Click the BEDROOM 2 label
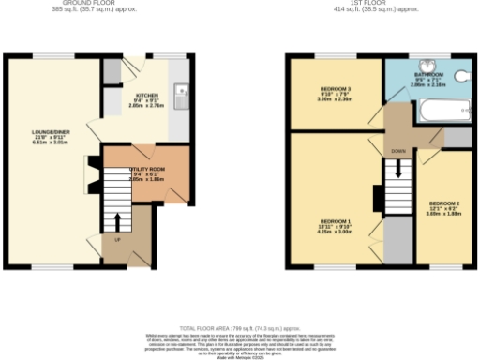tap(444, 202)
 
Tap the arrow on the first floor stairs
tap(397, 170)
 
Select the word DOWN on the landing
tap(397, 150)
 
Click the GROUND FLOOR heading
tap(97, 3)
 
